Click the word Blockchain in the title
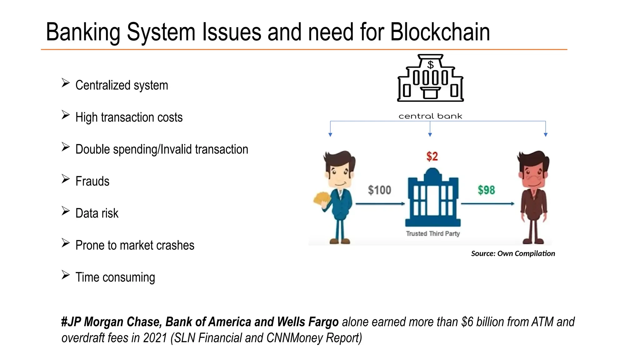[440, 32]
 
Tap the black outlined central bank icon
[430, 78]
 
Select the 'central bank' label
[430, 116]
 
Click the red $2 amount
[432, 157]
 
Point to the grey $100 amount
[379, 190]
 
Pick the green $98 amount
[486, 190]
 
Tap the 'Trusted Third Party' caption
[433, 233]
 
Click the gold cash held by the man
[322, 199]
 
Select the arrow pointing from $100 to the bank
[380, 204]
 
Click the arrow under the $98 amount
[487, 204]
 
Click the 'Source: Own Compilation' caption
[513, 253]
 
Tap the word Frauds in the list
[92, 181]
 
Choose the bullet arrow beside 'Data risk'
[65, 211]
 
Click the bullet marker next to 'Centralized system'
[65, 83]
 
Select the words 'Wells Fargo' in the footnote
[308, 322]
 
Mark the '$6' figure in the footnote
[467, 322]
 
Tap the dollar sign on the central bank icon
[431, 65]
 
